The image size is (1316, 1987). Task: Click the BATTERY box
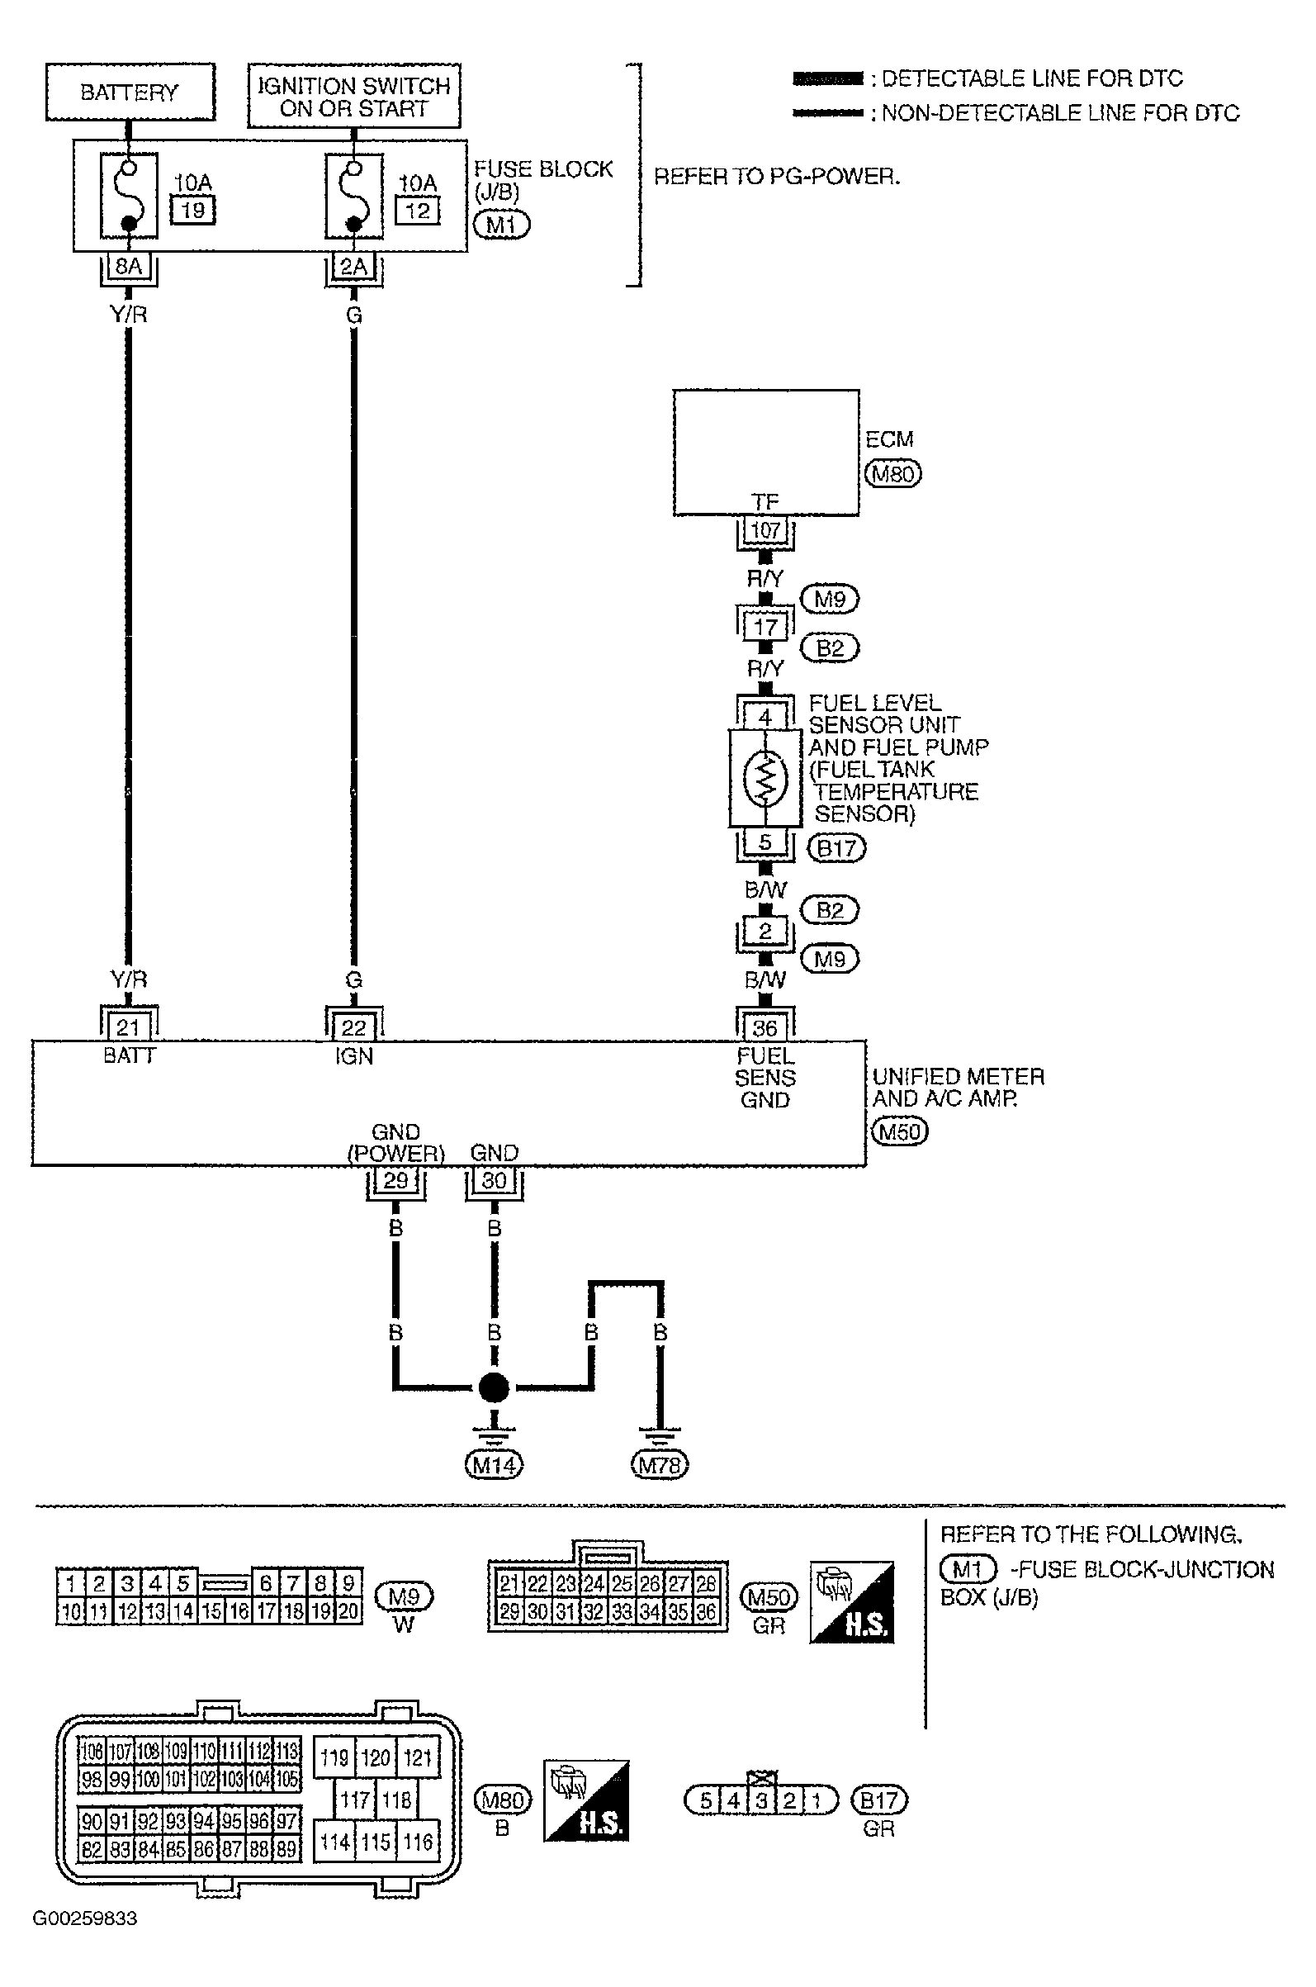[x=130, y=92]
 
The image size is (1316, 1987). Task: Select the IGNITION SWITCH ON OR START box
[x=354, y=96]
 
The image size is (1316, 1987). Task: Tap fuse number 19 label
[x=193, y=210]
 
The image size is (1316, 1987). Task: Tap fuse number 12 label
[x=417, y=211]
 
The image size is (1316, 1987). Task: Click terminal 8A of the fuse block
[x=129, y=267]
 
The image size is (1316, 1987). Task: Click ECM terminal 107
[x=765, y=530]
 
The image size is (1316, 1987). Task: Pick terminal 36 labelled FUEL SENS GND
[x=765, y=1027]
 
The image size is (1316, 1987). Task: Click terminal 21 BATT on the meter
[x=128, y=1027]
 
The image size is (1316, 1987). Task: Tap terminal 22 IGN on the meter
[x=353, y=1027]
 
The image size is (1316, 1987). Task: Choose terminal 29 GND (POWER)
[x=395, y=1180]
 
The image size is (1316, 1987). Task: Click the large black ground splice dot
[x=494, y=1387]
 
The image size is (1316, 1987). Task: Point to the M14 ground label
[x=494, y=1466]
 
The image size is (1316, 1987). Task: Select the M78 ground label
[x=659, y=1466]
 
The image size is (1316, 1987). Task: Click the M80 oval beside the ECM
[x=893, y=473]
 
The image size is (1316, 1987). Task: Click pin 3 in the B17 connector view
[x=762, y=1800]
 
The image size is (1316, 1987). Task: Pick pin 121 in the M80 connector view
[x=417, y=1758]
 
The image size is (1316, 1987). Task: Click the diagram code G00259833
[x=85, y=1919]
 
